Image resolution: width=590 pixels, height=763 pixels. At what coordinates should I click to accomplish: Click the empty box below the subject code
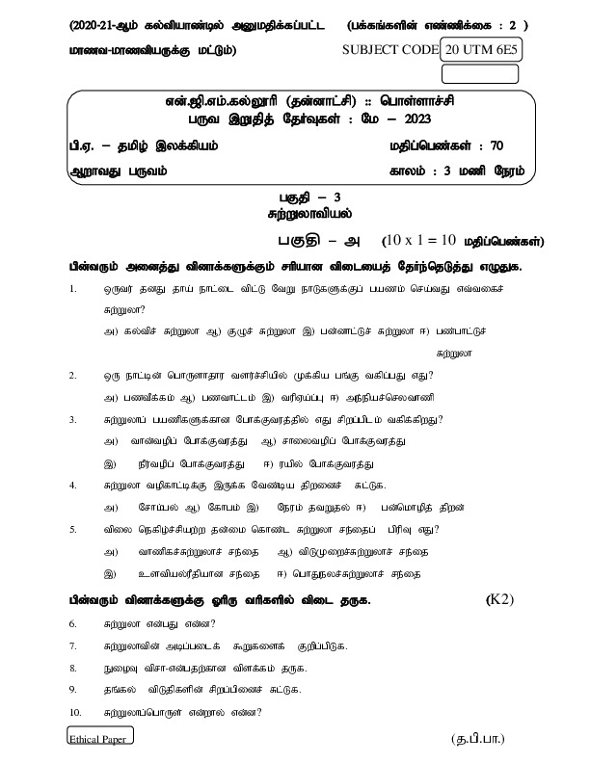(x=479, y=73)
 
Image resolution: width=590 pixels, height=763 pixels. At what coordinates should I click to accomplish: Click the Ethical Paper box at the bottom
(x=99, y=737)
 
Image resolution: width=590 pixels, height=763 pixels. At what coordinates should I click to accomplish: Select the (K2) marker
(x=500, y=599)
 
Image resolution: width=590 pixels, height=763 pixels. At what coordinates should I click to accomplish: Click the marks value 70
(x=496, y=146)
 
